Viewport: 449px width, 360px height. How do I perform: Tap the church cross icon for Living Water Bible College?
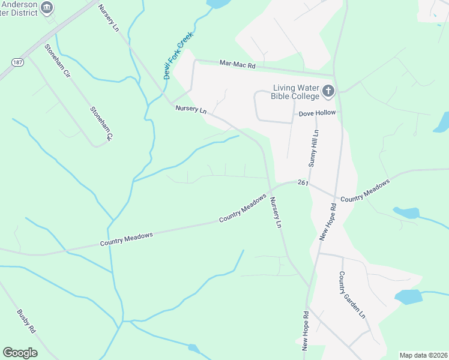click(328, 91)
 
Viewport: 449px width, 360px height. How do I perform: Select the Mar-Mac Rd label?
click(237, 63)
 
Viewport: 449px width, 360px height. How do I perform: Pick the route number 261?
click(302, 183)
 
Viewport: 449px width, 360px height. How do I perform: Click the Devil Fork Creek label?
click(175, 56)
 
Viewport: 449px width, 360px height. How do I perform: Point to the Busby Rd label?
click(26, 322)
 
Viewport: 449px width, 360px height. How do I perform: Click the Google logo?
click(20, 353)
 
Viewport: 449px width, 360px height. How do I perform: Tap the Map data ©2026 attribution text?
click(423, 355)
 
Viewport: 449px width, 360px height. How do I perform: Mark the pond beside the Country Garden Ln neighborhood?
click(409, 296)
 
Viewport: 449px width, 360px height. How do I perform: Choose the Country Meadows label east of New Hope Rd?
click(365, 189)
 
